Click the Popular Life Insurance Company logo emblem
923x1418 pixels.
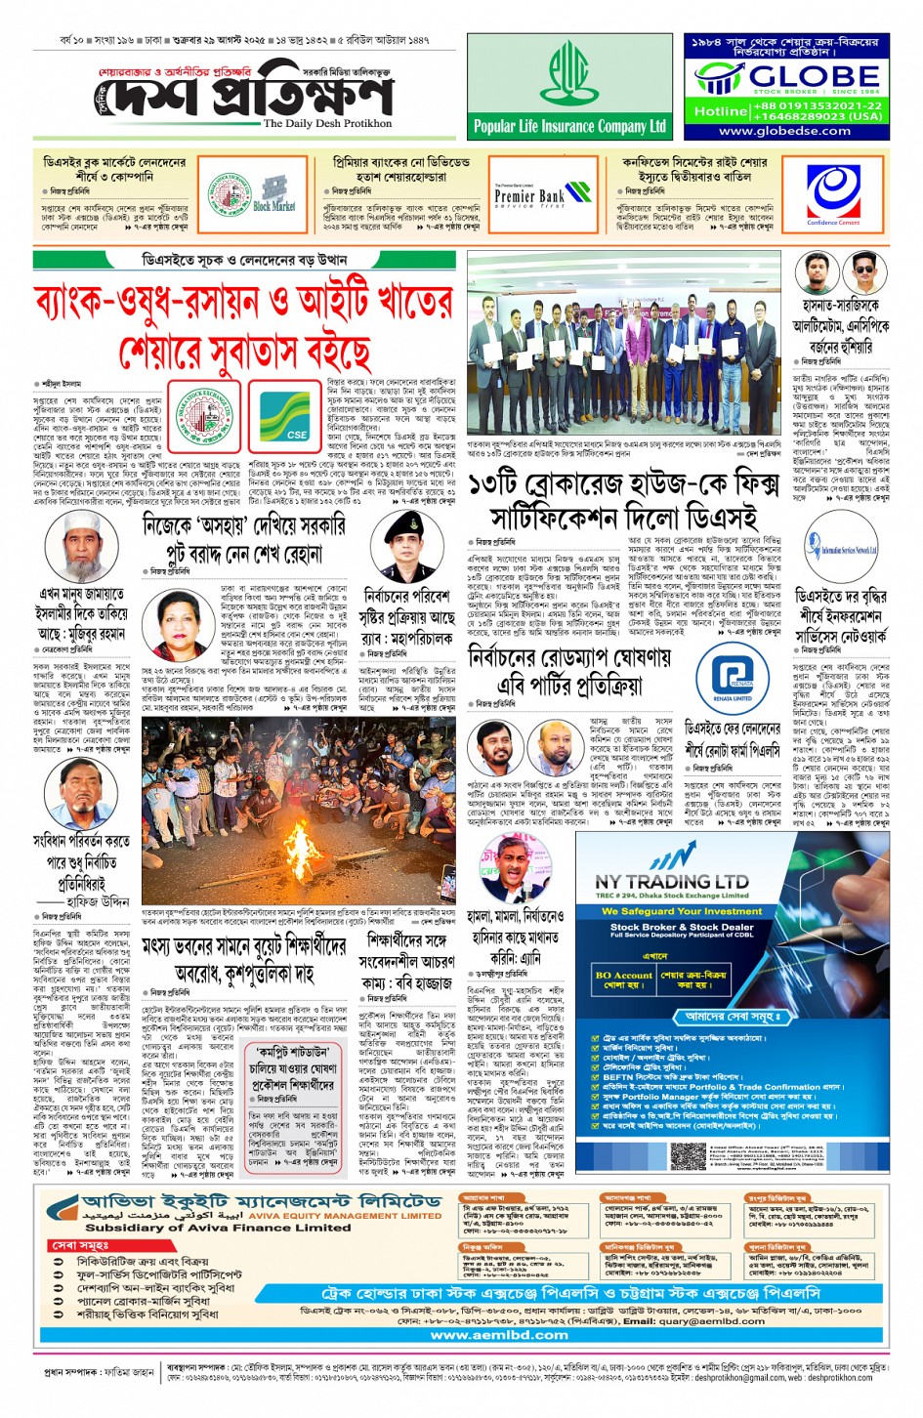569,73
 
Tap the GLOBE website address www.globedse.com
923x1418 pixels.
784,131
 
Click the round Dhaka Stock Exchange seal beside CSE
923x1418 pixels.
207,412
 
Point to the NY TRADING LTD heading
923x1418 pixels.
672,880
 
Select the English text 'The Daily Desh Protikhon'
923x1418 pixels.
327,124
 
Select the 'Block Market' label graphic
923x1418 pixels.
273,194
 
